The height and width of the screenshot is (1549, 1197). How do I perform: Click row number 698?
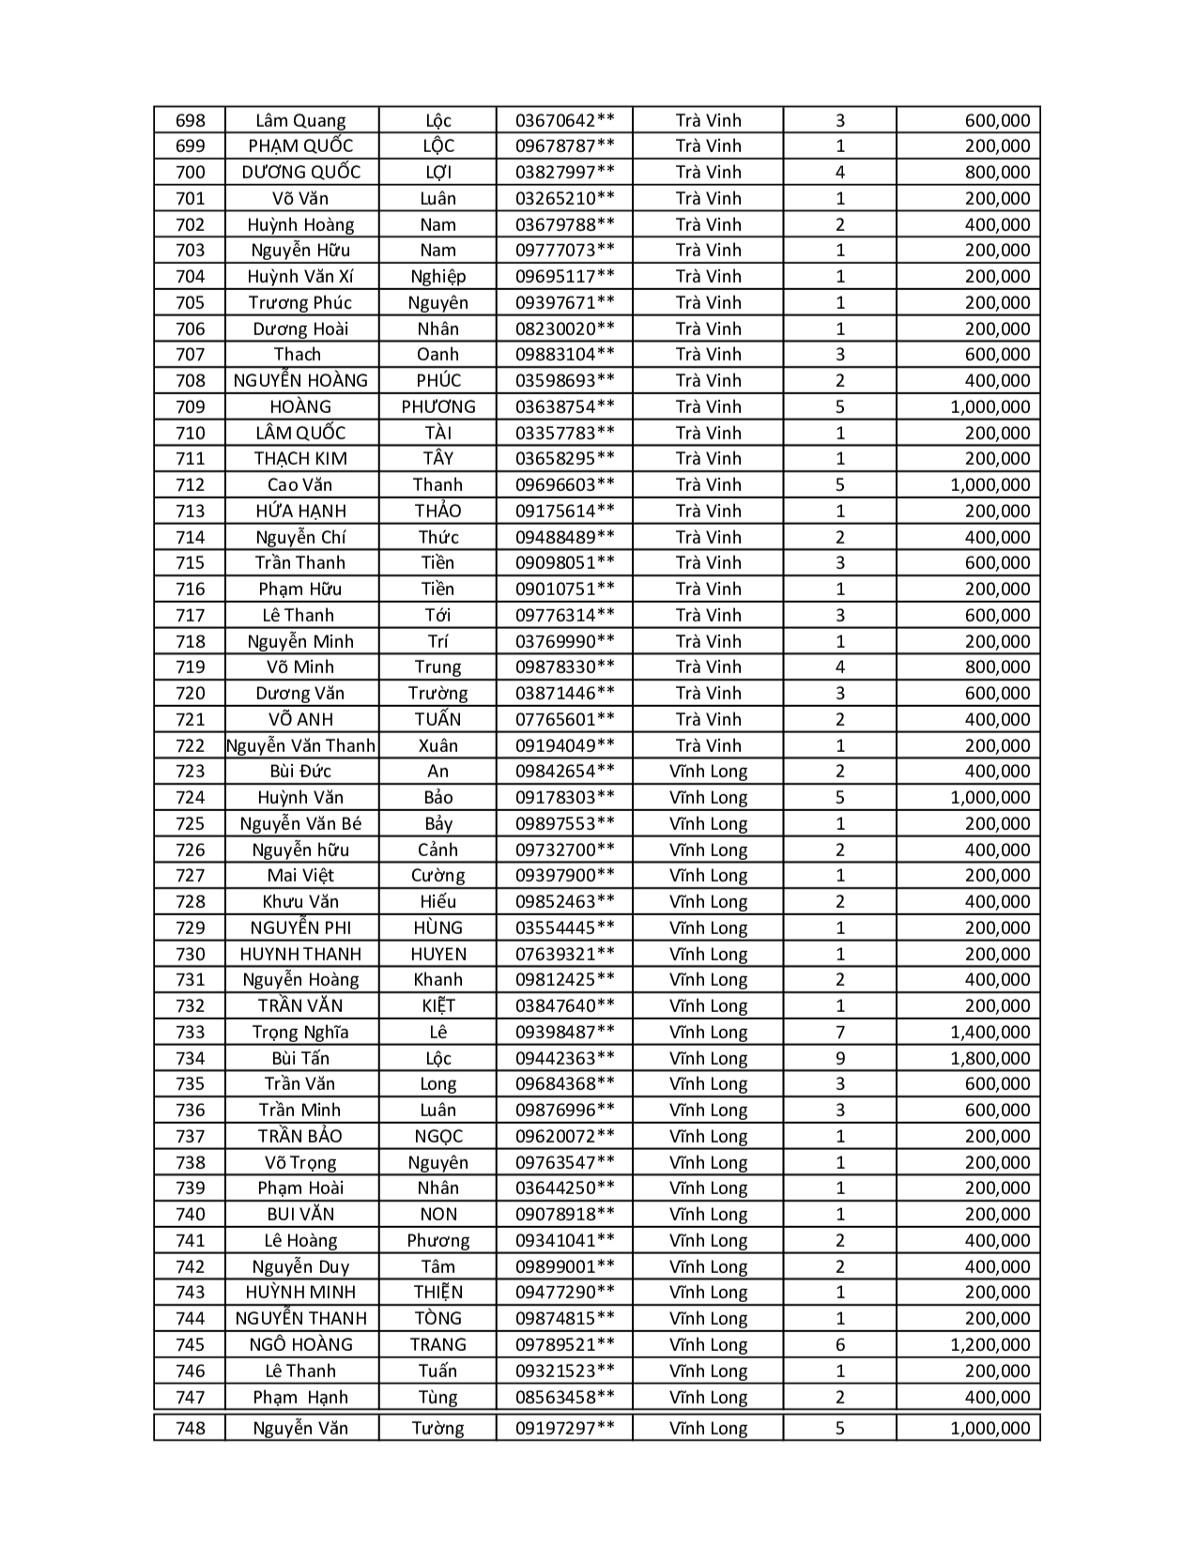191,120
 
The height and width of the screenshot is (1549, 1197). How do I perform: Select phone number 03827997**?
565,172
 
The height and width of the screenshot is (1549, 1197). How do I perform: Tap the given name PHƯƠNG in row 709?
438,406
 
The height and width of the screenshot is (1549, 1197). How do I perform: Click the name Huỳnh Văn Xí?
300,276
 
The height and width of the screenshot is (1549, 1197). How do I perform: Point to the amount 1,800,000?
990,1058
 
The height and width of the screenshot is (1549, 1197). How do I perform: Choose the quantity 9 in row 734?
840,1058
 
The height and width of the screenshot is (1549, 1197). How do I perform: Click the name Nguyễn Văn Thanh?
300,745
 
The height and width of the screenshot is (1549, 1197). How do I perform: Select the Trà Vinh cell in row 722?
708,745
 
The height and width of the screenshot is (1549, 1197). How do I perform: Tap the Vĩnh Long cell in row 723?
708,772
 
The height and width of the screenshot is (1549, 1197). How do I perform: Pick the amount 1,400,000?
990,1032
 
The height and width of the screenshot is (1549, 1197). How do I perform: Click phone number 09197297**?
565,1428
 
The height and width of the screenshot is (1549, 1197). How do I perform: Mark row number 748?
191,1428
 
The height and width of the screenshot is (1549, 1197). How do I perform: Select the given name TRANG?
438,1344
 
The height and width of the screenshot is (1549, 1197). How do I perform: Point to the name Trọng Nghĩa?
300,1032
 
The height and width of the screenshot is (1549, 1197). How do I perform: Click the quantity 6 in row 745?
840,1344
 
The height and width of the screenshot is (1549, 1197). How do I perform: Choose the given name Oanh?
438,354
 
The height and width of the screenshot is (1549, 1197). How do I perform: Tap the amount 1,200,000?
990,1344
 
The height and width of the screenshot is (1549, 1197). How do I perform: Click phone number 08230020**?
565,329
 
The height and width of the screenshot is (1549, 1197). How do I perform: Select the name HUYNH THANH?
300,954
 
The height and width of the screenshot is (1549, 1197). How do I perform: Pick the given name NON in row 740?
438,1214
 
